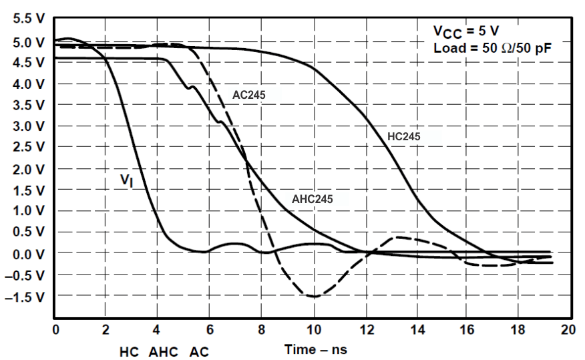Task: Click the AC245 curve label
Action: (x=249, y=95)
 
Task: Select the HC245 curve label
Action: (x=404, y=136)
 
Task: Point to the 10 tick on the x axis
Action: (x=312, y=329)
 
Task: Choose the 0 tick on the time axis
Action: (x=55, y=329)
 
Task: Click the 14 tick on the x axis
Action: (x=415, y=329)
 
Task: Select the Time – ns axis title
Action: (x=316, y=349)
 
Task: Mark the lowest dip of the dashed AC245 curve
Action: (x=313, y=296)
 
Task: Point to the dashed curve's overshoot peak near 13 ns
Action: (x=397, y=237)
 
